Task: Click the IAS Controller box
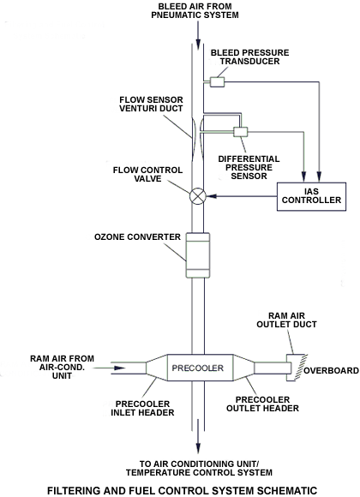click(x=311, y=196)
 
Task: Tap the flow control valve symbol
click(x=198, y=196)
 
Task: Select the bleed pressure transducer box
click(x=217, y=82)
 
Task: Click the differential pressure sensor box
click(x=240, y=132)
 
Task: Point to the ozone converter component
click(x=198, y=255)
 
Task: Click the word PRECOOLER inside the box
click(x=198, y=368)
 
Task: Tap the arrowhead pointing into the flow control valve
click(x=212, y=196)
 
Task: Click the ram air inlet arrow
click(x=110, y=368)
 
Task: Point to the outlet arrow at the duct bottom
click(x=198, y=436)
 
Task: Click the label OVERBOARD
click(x=331, y=370)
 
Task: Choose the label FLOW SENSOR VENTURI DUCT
click(x=151, y=104)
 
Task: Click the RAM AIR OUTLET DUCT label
click(x=286, y=320)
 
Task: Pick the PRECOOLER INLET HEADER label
click(x=142, y=408)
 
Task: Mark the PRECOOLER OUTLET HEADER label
click(x=262, y=404)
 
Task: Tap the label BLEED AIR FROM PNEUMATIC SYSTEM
click(x=195, y=11)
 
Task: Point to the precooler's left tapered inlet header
click(x=156, y=368)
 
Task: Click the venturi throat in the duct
click(x=198, y=140)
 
